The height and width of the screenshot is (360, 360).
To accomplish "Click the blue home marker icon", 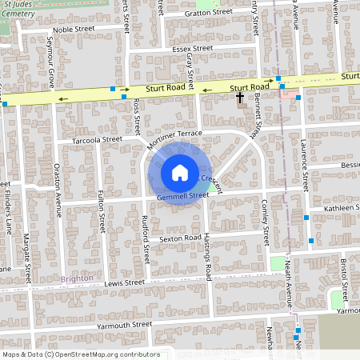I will (180, 172).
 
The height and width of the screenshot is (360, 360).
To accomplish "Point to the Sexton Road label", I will (179, 238).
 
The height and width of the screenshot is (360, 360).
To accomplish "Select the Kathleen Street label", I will (337, 208).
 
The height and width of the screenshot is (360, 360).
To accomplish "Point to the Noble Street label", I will (74, 29).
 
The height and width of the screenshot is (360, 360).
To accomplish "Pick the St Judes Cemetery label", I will (18, 7).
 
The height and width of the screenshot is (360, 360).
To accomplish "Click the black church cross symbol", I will (239, 97).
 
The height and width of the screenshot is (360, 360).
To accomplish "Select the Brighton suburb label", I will (76, 278).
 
